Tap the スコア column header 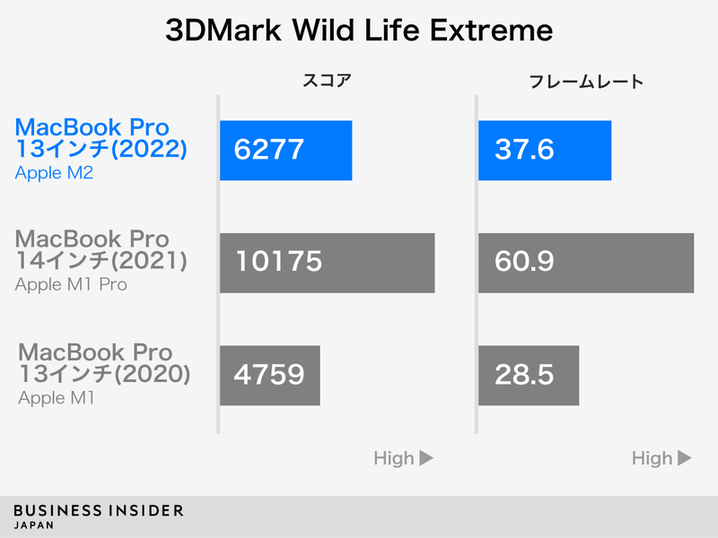(x=325, y=82)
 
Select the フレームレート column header (x=584, y=82)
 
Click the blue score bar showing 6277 (x=285, y=151)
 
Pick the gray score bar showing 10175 (x=327, y=263)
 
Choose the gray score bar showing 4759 (x=269, y=375)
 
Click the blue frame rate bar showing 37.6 (x=545, y=151)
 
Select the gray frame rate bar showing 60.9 (x=585, y=263)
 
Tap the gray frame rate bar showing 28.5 (x=529, y=375)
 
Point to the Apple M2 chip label (x=54, y=173)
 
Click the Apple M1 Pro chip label (x=71, y=285)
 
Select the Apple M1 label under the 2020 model (x=57, y=396)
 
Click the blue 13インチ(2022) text (x=101, y=150)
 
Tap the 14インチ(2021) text (x=101, y=262)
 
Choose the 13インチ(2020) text (x=104, y=374)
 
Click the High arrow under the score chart (x=404, y=458)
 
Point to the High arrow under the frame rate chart (x=662, y=458)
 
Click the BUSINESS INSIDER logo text (x=99, y=510)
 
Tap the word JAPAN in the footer (x=33, y=525)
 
